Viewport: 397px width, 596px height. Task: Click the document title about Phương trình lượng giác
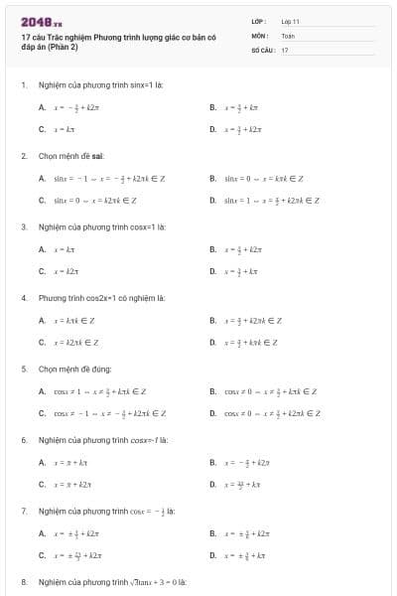click(90, 42)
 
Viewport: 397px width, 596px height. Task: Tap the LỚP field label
click(259, 20)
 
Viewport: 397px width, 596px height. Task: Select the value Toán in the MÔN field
click(288, 35)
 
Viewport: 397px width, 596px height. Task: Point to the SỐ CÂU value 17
click(285, 49)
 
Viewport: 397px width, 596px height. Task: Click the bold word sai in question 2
click(98, 156)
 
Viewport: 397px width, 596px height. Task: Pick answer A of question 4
click(73, 320)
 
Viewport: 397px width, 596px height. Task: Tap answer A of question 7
click(74, 533)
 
